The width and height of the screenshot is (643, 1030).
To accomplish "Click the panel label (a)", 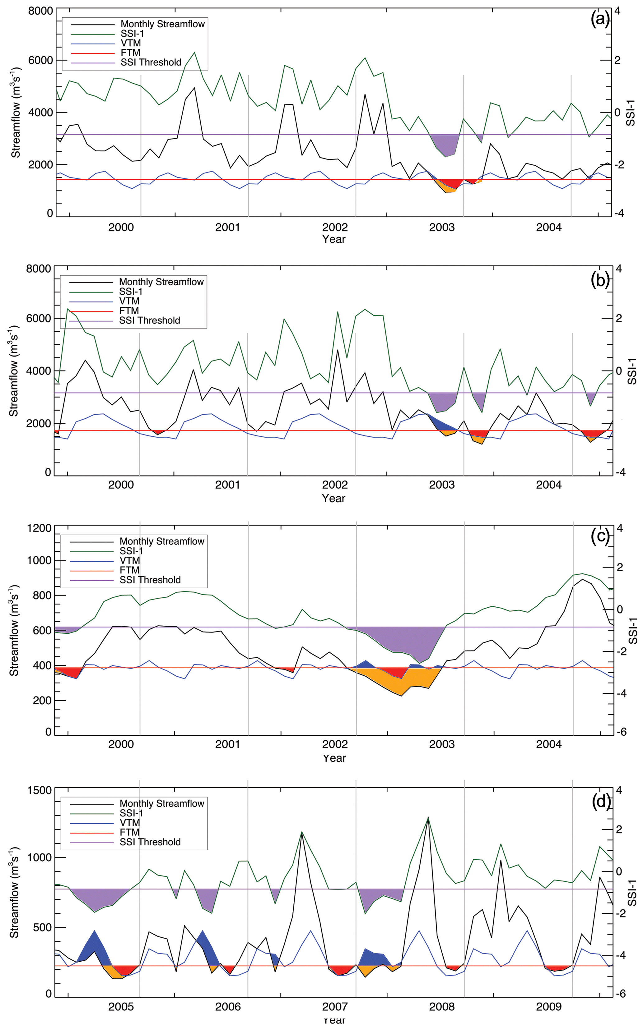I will [600, 20].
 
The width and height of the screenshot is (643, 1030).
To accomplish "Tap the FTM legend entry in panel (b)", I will [129, 310].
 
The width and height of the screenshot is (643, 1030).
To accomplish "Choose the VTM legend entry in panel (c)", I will [130, 560].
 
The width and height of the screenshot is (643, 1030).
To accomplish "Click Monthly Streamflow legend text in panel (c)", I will [161, 541].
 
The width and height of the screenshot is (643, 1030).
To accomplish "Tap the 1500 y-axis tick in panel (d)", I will [39, 790].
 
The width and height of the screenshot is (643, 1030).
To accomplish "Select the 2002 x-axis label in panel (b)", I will [335, 485].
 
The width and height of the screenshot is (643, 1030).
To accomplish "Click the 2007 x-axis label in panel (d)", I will [335, 1007].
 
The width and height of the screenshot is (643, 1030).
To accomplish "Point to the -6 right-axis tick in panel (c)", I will [622, 732].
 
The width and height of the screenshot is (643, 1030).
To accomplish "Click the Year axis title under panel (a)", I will [334, 239].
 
